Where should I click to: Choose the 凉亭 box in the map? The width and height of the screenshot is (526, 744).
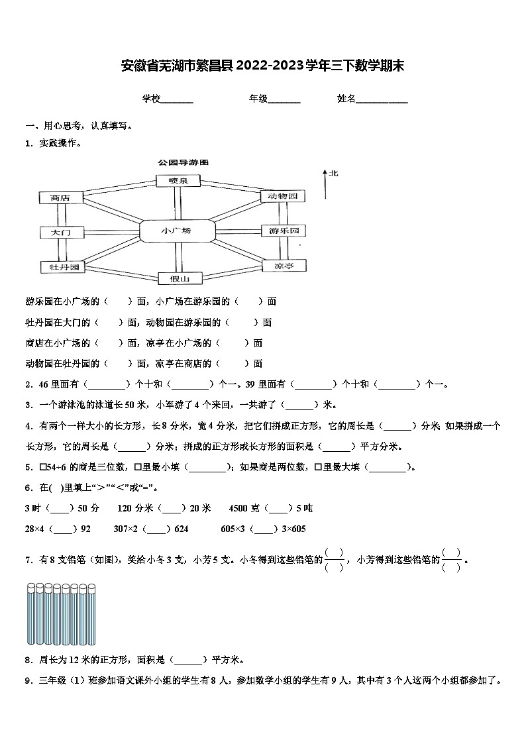click(x=283, y=266)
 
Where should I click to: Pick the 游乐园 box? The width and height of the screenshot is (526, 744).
click(x=283, y=231)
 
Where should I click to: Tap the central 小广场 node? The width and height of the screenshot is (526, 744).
click(x=177, y=231)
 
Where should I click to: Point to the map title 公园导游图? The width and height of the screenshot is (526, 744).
click(x=184, y=162)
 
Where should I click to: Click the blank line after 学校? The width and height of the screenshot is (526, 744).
click(x=177, y=100)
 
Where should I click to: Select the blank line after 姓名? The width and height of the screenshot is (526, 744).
click(x=382, y=100)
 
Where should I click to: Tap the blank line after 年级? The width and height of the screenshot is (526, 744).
click(x=284, y=100)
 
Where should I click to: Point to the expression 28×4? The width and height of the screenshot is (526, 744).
click(x=36, y=529)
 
